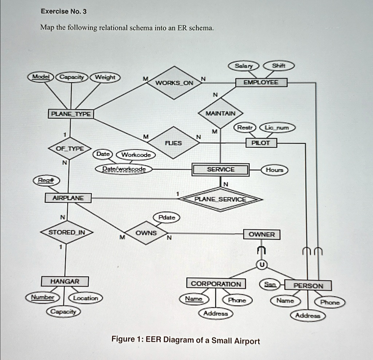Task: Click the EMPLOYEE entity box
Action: pos(261,83)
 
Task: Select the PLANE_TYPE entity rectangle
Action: pos(71,114)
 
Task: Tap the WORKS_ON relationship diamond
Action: pos(174,83)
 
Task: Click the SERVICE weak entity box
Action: pos(221,170)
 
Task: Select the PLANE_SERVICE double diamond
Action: pos(220,199)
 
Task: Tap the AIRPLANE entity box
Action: pos(68,198)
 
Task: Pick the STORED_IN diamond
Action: pos(66,232)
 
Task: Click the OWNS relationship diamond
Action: pos(146,233)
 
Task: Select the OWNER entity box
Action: pos(262,234)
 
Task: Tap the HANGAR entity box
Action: pos(64,281)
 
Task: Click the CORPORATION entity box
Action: pos(216,284)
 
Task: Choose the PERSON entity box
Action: pos(308,286)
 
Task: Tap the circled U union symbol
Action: pos(261,265)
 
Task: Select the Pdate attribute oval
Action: pos(167,217)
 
